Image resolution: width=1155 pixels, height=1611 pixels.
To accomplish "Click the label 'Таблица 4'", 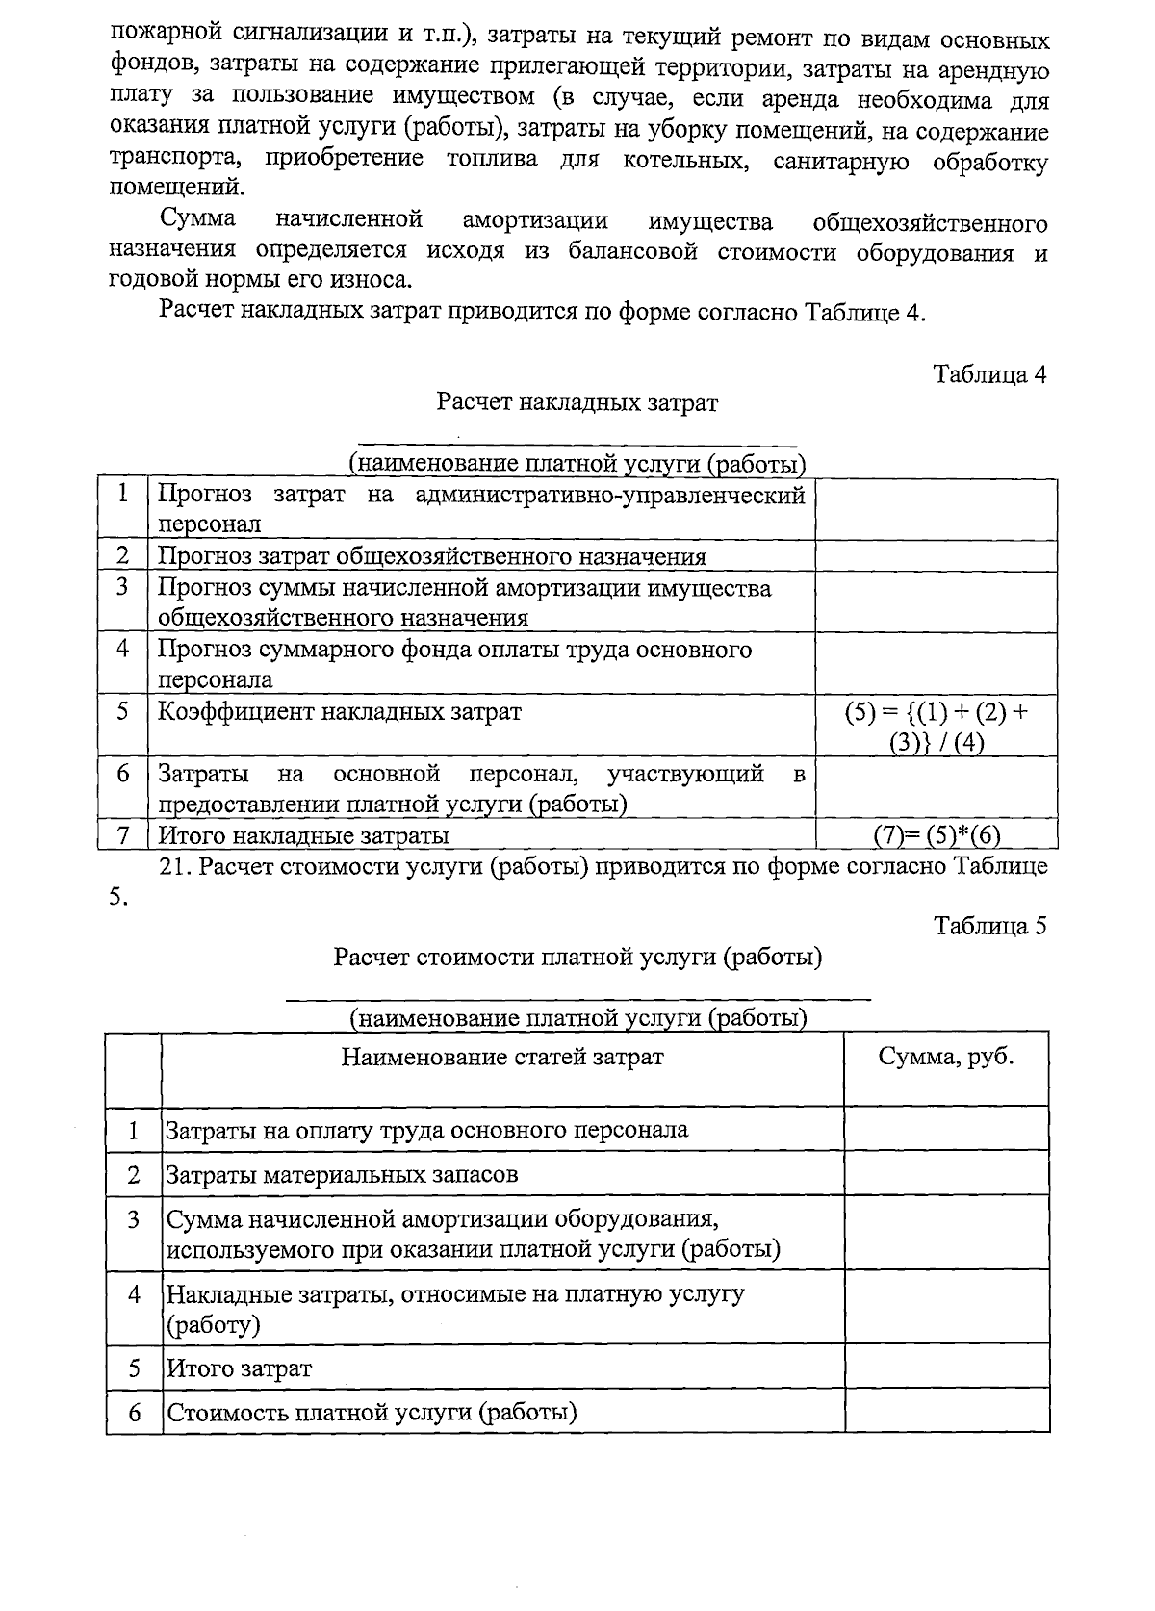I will pyautogui.click(x=989, y=374).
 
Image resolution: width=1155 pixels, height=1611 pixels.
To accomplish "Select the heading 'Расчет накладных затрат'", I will pyautogui.click(x=577, y=402).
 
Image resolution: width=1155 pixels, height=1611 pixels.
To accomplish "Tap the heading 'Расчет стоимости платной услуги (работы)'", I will pyautogui.click(x=577, y=958).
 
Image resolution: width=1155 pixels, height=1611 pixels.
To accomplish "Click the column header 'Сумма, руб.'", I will pyautogui.click(x=946, y=1057).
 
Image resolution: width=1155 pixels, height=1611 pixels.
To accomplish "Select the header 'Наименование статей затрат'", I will pyautogui.click(x=501, y=1057).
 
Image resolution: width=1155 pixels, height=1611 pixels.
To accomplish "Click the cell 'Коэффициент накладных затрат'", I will pyautogui.click(x=340, y=712).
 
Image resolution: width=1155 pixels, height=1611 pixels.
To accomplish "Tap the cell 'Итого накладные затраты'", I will pyautogui.click(x=303, y=835).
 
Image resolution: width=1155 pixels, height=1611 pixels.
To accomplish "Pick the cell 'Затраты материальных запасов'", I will pyautogui.click(x=342, y=1174).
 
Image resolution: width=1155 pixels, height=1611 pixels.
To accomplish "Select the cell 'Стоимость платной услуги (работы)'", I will pyautogui.click(x=372, y=1413).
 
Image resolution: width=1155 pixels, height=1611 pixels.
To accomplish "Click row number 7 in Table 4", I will pyautogui.click(x=123, y=835).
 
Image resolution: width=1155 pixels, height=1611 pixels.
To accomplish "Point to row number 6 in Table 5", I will pyautogui.click(x=135, y=1413).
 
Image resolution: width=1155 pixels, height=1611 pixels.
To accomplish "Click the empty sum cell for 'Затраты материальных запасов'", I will pyautogui.click(x=946, y=1174).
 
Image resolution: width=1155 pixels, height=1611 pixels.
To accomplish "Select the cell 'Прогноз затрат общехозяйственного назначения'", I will pyautogui.click(x=431, y=556).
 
